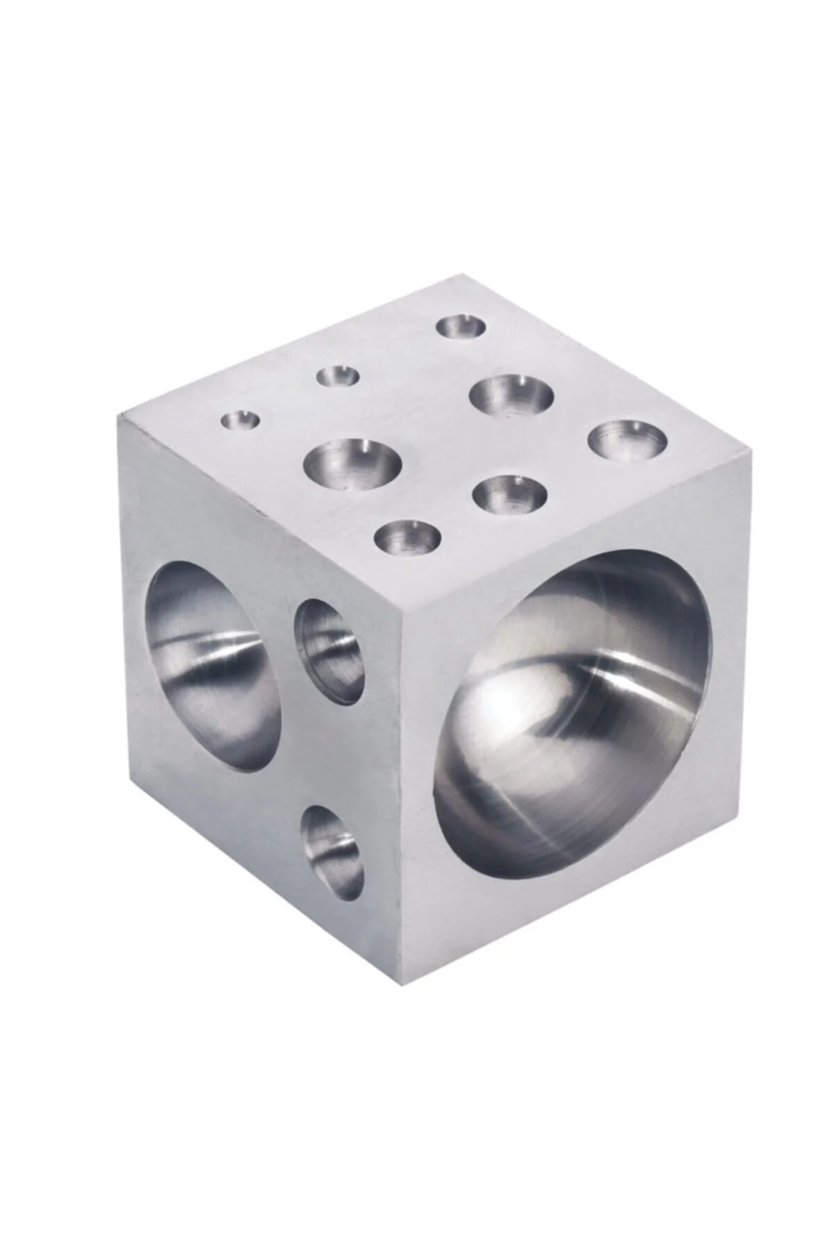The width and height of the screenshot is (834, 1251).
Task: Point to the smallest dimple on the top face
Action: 240,420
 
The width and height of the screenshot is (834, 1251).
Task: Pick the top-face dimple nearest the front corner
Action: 408,537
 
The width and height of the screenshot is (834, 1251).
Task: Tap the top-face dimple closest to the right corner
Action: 628,441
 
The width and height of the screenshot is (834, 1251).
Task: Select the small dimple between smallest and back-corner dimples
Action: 338,377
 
